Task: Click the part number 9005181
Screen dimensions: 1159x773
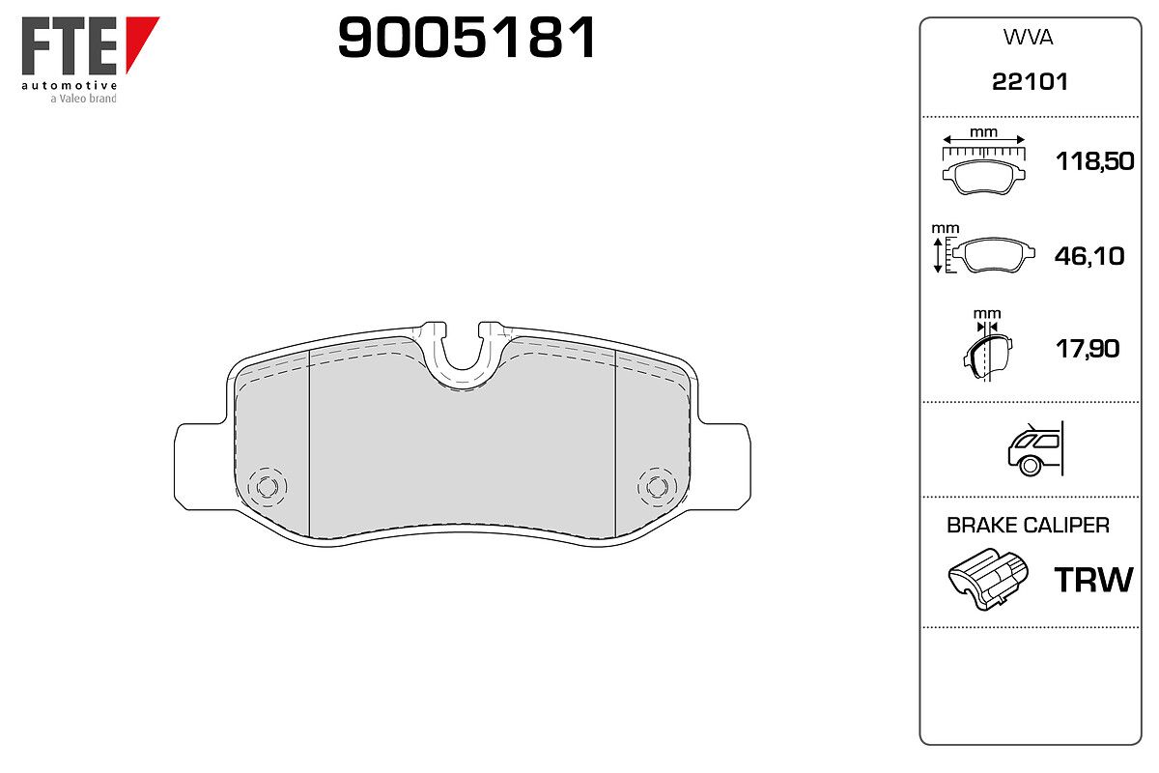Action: [466, 38]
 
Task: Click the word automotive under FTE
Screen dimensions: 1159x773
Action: [70, 85]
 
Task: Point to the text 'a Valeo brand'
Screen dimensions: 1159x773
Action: [83, 99]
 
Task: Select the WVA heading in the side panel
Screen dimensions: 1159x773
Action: [1028, 38]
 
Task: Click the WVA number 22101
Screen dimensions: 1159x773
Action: [1030, 82]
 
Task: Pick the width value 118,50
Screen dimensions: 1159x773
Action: [1095, 161]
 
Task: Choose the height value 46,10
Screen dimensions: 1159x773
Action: [1089, 256]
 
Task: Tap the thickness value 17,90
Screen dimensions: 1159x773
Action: [1088, 349]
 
